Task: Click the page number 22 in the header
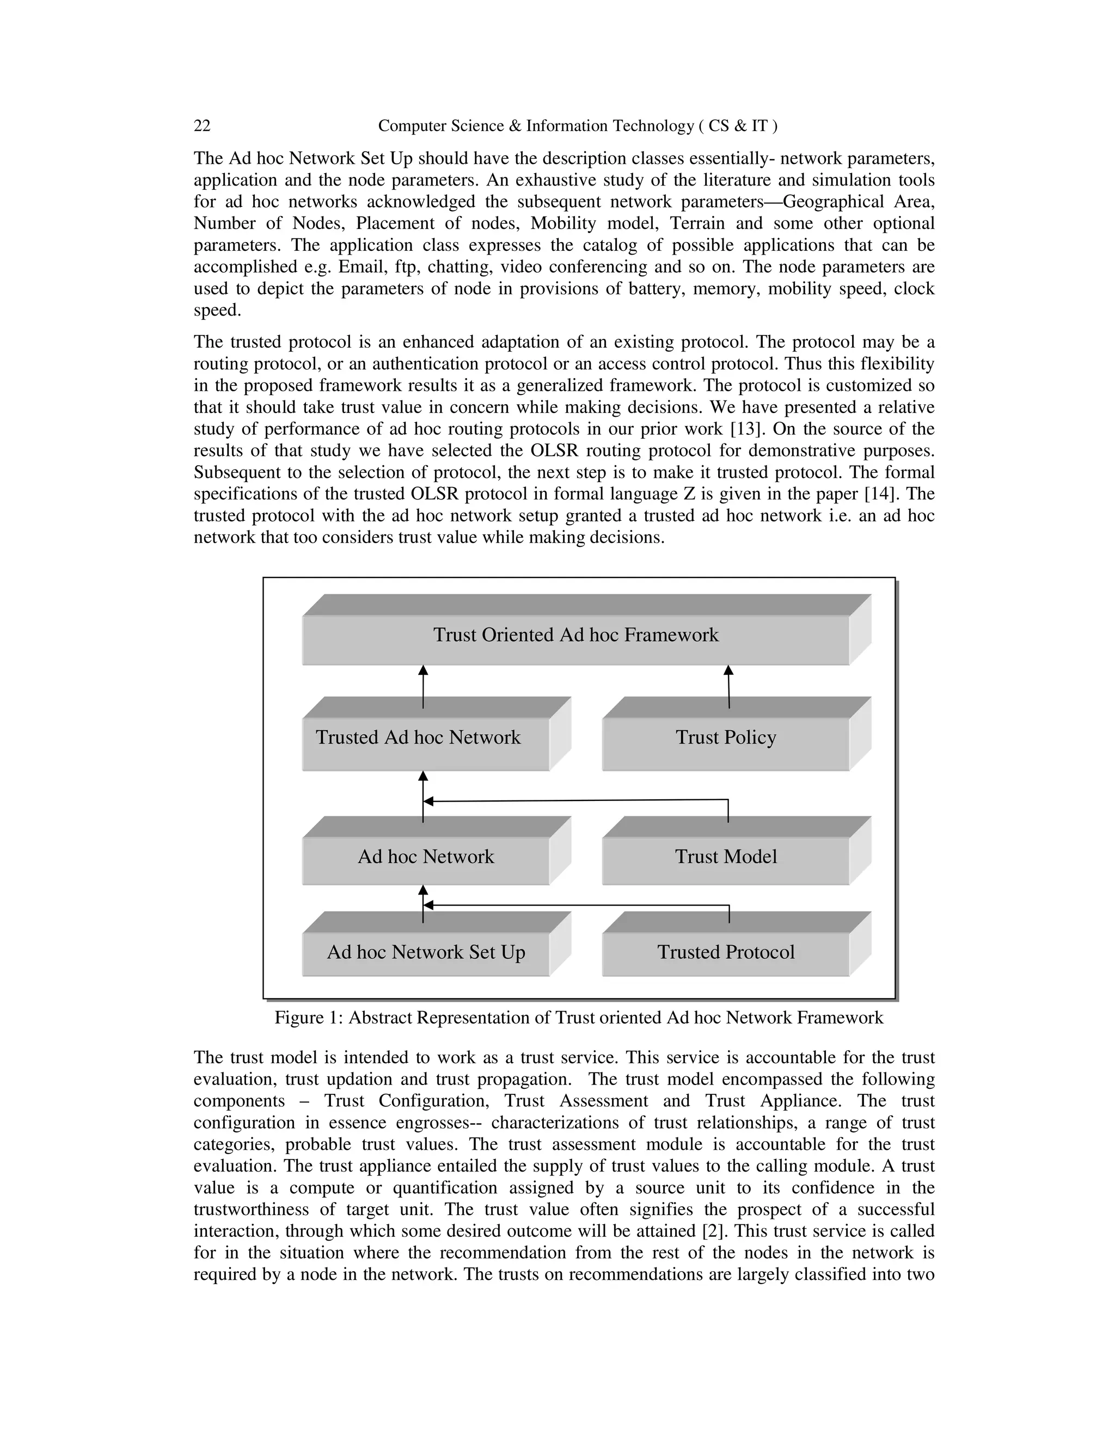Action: pos(202,126)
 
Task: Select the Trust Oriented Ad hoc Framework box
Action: pos(575,635)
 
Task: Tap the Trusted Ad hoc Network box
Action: pos(418,737)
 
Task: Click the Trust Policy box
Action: pos(725,737)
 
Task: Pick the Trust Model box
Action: pos(725,857)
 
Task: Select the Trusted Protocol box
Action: pos(725,952)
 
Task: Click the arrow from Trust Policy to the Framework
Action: pos(728,687)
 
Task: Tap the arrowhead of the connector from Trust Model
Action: pos(428,802)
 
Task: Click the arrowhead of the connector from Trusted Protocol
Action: pos(428,905)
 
